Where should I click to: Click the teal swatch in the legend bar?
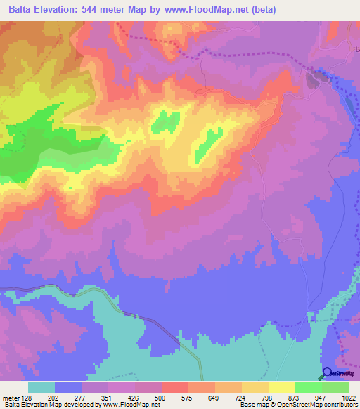pyautogui.click(x=41, y=387)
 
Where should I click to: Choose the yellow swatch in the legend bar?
pyautogui.click(x=281, y=387)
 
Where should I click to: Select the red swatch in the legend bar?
pyautogui.click(x=174, y=387)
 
